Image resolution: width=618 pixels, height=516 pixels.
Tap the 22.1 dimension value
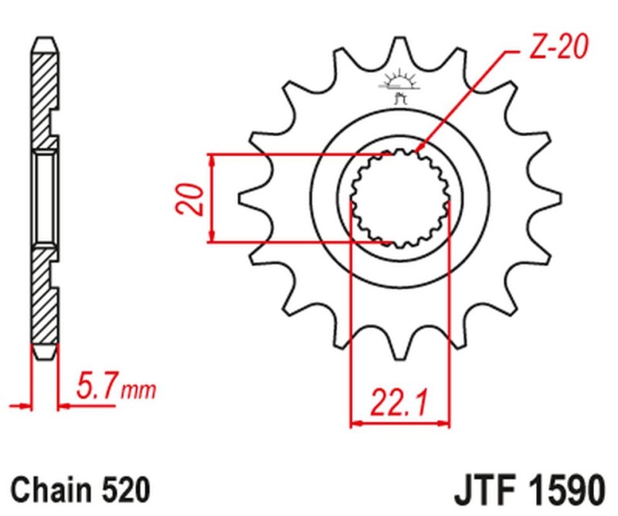click(400, 402)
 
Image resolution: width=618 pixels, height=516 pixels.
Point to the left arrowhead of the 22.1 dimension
click(356, 423)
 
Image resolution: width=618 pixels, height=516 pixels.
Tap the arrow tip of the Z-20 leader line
click(417, 150)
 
